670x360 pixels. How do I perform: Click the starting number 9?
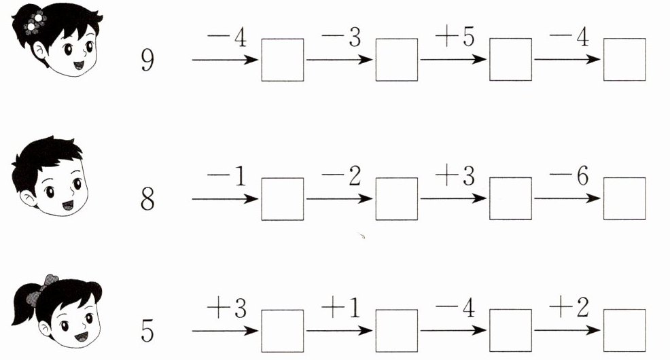pos(146,60)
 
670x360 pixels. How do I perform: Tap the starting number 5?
pos(147,331)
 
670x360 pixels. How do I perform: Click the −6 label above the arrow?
pos(567,177)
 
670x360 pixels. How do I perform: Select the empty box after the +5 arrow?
pos(510,60)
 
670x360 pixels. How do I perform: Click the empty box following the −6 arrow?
pos(624,198)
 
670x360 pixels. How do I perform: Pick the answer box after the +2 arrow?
pos(624,331)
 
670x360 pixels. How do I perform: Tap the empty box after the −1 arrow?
pos(283,198)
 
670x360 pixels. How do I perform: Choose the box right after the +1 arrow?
pos(397,331)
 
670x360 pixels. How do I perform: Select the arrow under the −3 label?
pos(340,60)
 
